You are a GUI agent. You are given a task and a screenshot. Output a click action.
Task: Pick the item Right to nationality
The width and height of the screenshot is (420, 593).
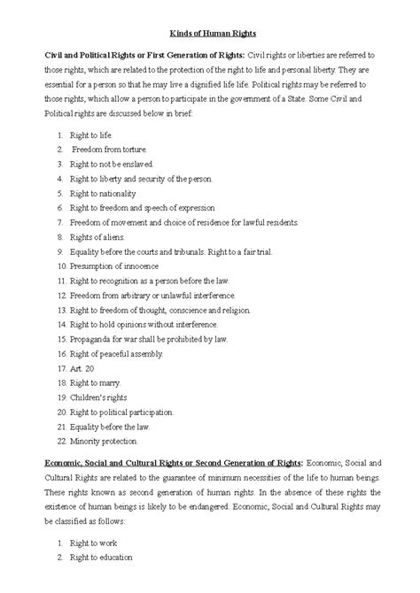102,193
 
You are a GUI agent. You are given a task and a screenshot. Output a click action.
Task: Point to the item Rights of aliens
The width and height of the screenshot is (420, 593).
97,236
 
